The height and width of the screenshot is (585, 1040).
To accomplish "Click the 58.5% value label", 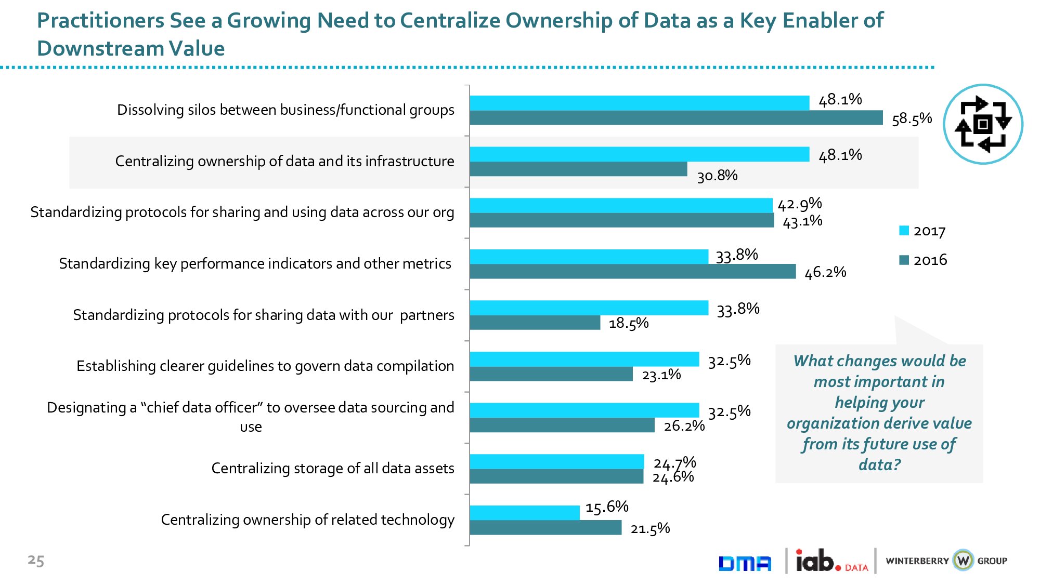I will point(912,119).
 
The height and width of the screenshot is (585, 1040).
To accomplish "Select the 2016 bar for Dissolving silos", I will point(676,118).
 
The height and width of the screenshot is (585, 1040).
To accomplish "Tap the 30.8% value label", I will point(717,176).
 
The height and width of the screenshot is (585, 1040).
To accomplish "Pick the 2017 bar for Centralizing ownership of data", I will point(639,154).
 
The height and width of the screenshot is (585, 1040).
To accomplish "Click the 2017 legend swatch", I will point(904,231).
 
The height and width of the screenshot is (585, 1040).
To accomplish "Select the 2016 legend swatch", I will point(904,260).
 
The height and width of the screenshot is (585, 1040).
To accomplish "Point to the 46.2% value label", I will point(825,272).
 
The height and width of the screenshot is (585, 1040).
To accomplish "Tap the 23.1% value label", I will point(661,375).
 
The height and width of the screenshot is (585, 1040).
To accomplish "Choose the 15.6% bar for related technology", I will point(524,513).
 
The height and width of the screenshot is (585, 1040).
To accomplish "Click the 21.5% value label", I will point(650,529).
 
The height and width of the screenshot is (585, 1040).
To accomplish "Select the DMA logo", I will point(745,563).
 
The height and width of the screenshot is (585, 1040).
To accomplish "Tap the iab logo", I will point(818,561).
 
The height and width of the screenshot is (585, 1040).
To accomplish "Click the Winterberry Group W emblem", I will point(963,561).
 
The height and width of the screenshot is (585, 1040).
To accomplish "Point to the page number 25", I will point(36,560).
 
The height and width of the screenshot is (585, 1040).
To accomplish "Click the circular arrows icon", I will point(983,124).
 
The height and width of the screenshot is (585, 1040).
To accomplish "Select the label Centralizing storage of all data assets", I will point(333,469).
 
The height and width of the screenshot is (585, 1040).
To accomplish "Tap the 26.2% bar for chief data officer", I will point(562,425).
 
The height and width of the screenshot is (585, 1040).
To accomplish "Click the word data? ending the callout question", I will point(879,464).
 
